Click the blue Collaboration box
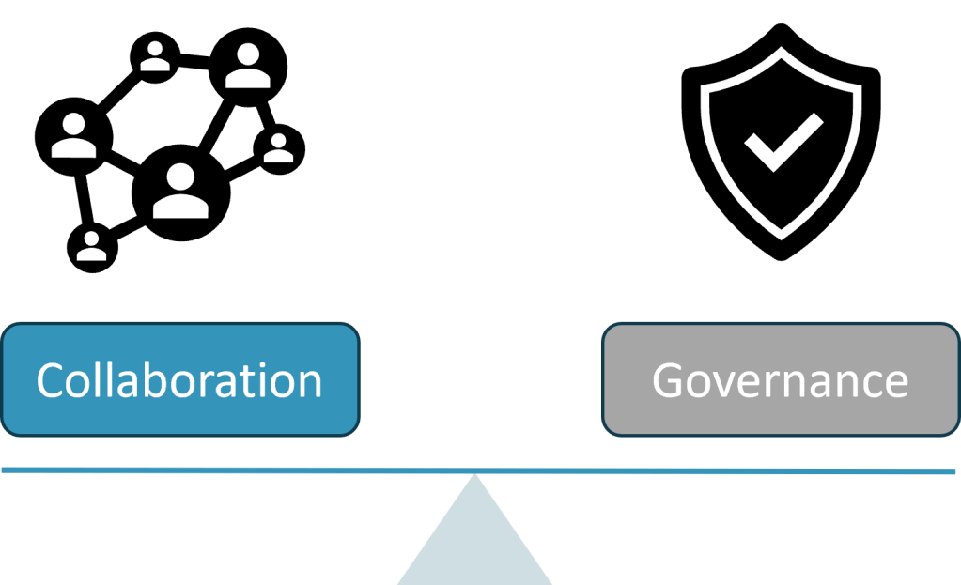tap(179, 379)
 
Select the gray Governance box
tap(780, 379)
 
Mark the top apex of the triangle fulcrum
tap(475, 478)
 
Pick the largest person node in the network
tap(181, 193)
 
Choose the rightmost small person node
tap(279, 150)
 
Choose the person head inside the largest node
tap(181, 176)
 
